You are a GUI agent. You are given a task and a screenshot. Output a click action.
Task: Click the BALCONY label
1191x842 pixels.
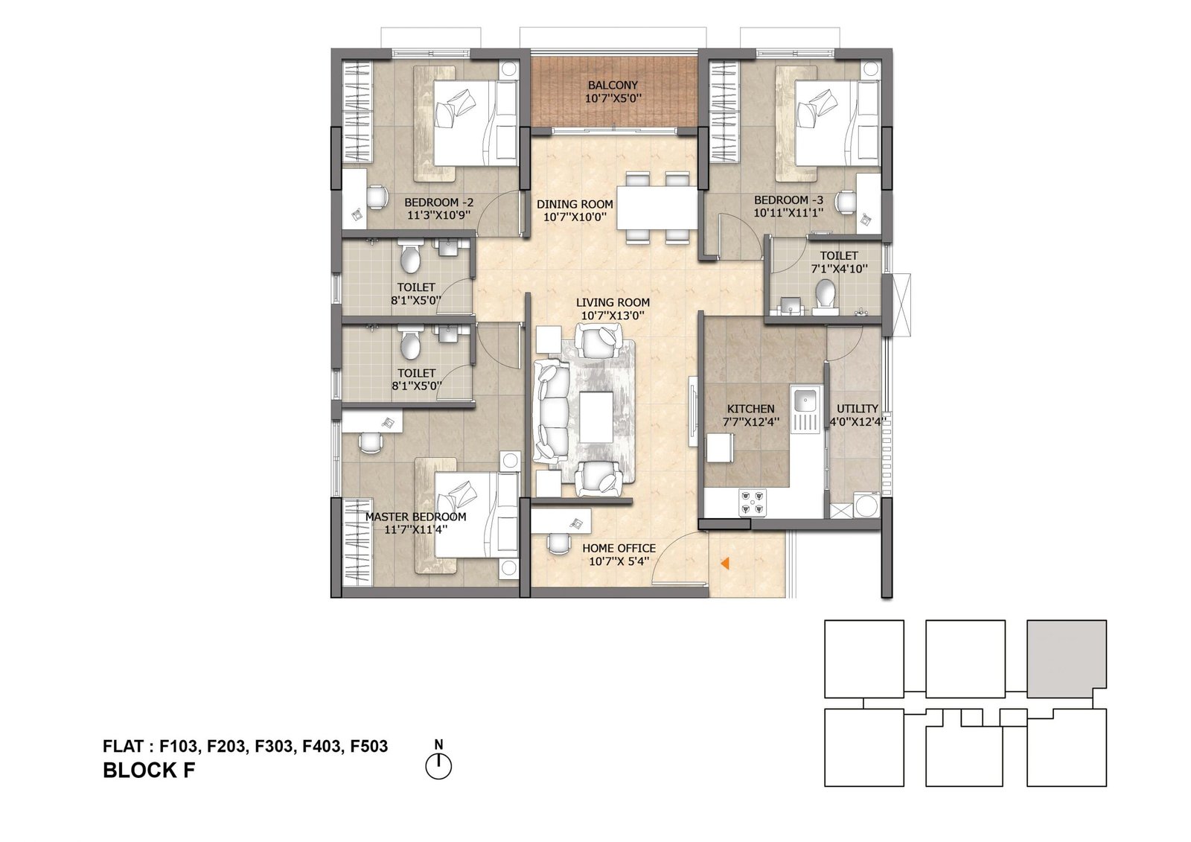(x=613, y=85)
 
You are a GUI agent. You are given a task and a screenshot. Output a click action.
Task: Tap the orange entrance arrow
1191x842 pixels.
(x=724, y=563)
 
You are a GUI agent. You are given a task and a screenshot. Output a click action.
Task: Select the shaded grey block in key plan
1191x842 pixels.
(x=1066, y=659)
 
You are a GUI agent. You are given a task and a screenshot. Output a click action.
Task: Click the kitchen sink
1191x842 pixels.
(x=805, y=397)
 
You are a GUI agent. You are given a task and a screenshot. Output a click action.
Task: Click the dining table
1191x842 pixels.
(x=657, y=208)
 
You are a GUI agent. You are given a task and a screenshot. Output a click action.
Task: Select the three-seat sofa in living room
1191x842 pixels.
(x=552, y=411)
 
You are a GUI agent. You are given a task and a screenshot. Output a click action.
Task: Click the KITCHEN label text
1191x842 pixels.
(x=750, y=409)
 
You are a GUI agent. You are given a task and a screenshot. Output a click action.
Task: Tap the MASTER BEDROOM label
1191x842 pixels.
(x=415, y=517)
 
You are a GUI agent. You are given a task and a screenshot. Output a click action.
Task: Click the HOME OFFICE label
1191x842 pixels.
(x=619, y=548)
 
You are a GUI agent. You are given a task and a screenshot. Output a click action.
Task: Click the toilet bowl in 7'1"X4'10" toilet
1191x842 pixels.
(x=825, y=294)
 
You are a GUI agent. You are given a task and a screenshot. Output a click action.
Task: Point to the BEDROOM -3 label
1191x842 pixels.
(x=788, y=200)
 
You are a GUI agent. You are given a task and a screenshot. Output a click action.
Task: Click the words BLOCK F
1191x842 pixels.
(x=149, y=771)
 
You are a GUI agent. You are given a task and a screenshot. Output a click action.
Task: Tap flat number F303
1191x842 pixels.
(x=273, y=746)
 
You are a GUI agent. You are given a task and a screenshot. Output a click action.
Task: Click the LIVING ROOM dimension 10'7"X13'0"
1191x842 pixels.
(x=613, y=316)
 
